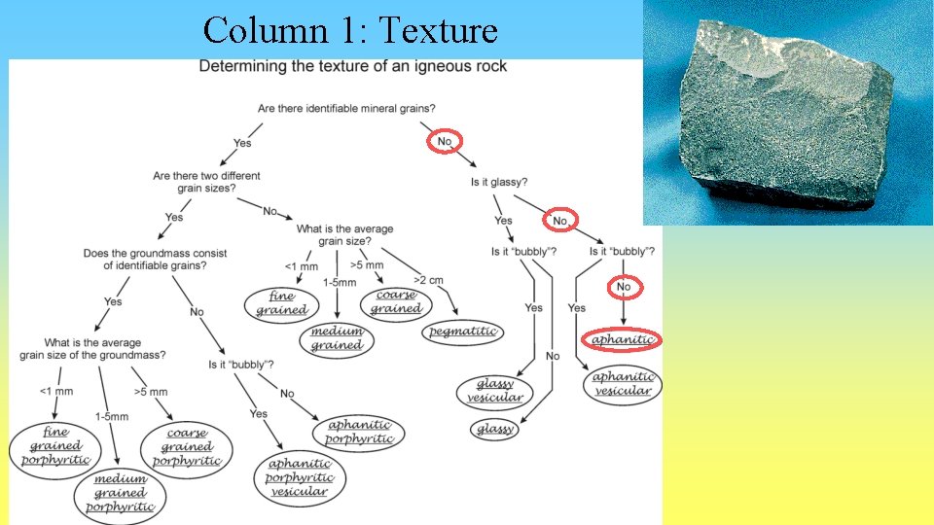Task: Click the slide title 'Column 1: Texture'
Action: point(350,30)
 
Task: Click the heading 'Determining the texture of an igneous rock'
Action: point(352,67)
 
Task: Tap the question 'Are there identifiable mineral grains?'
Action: point(346,108)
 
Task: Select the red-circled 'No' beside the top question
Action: point(445,142)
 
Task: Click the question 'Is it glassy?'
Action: point(499,182)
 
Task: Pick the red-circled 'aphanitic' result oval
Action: point(623,340)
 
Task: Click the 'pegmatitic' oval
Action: point(463,332)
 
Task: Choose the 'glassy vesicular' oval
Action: point(494,391)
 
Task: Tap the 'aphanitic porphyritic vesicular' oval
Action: point(300,477)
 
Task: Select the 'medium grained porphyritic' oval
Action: point(120,493)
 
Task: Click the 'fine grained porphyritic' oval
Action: point(54,446)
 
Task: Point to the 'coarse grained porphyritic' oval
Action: point(187,448)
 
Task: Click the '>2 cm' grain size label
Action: point(428,281)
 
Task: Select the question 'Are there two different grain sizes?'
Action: point(206,182)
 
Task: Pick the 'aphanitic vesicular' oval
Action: point(623,384)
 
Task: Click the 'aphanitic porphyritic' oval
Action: point(360,432)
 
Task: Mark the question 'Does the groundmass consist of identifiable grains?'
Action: point(156,260)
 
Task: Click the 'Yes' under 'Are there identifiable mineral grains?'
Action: point(242,143)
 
